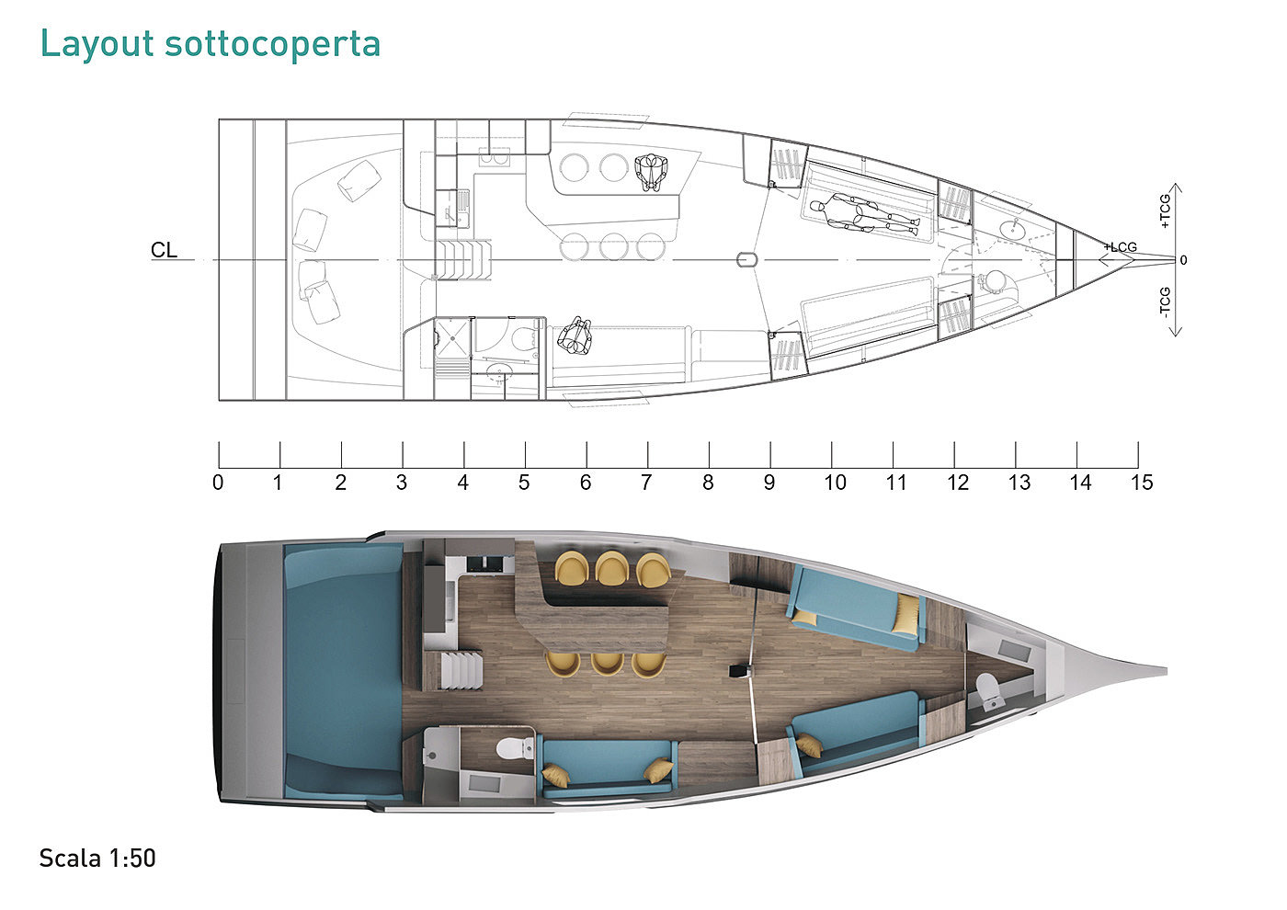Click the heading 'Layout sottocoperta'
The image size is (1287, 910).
(x=210, y=43)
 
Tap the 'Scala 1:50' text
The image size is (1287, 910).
(x=97, y=859)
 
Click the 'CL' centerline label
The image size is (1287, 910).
(x=164, y=250)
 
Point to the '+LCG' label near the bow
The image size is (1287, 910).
(x=1121, y=246)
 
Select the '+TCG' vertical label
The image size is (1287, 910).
(x=1165, y=211)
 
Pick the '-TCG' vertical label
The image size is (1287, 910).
(x=1165, y=303)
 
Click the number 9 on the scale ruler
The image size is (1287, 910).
(x=769, y=483)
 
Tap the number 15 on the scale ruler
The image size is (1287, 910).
(x=1142, y=483)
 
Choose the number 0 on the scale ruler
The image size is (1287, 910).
(x=218, y=483)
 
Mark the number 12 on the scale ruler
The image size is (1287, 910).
(x=958, y=483)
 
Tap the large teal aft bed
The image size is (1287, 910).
(x=342, y=671)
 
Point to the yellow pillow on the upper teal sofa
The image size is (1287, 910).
(x=906, y=614)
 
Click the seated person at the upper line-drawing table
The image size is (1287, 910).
(x=652, y=172)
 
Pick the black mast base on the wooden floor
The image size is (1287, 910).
(x=738, y=671)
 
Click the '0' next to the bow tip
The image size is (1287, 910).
(x=1183, y=260)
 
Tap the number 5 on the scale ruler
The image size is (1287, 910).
(x=524, y=483)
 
